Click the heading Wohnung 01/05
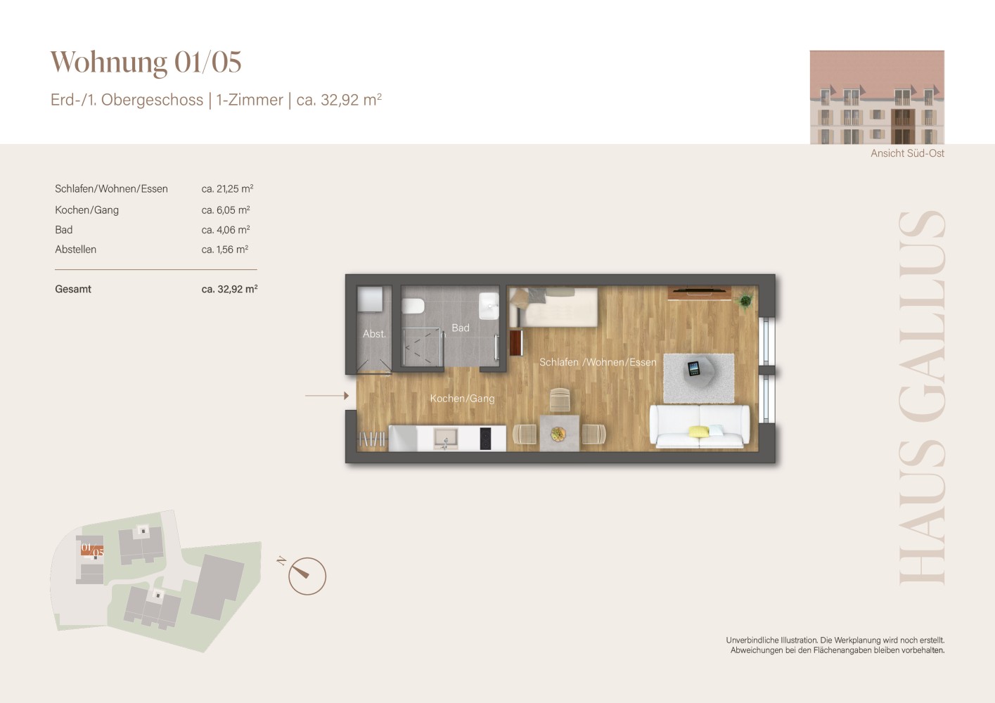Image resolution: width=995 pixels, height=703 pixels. (146, 62)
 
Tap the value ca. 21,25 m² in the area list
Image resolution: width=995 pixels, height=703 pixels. (227, 188)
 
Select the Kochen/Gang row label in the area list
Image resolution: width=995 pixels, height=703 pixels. (86, 210)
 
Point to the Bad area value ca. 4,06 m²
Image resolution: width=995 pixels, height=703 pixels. (226, 230)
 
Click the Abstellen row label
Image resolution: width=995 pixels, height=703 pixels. (75, 250)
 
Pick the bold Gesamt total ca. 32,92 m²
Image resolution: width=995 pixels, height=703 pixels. (229, 289)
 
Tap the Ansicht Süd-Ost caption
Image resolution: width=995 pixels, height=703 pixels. (907, 153)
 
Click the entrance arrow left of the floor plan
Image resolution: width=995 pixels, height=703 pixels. (327, 395)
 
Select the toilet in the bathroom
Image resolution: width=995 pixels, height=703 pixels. (413, 306)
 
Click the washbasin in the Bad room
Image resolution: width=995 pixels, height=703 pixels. (489, 306)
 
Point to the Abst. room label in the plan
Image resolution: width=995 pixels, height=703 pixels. (374, 333)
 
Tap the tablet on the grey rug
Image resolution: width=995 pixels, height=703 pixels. (693, 368)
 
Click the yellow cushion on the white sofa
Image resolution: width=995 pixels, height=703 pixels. (698, 431)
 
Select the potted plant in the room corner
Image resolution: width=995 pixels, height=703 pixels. (745, 301)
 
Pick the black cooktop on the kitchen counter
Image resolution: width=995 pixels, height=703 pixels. (485, 438)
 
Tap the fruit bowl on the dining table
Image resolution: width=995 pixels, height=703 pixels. (558, 434)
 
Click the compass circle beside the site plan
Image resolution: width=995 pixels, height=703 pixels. (307, 576)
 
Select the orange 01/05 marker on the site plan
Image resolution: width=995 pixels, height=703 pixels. (92, 550)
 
